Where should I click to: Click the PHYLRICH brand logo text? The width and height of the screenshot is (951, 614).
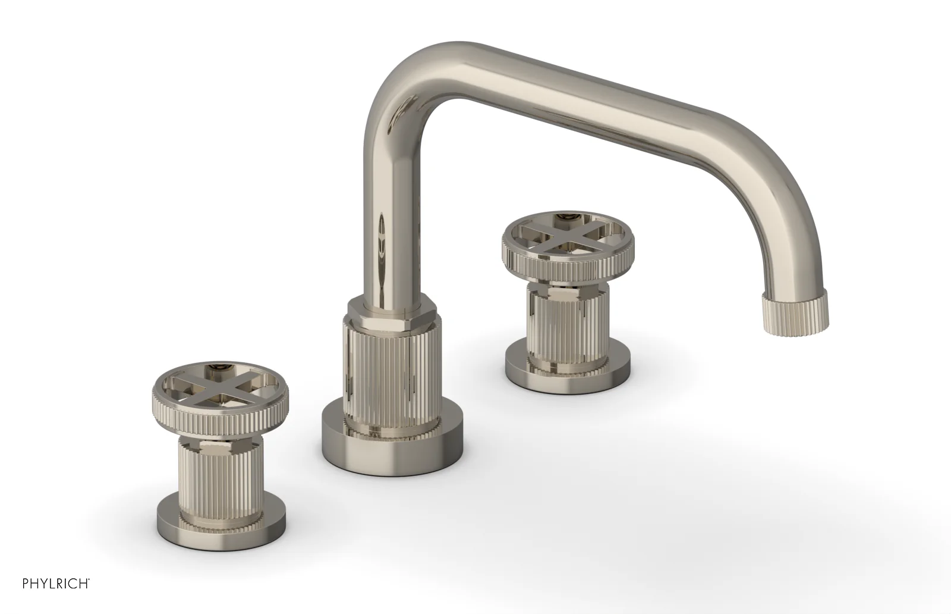point(56,584)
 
